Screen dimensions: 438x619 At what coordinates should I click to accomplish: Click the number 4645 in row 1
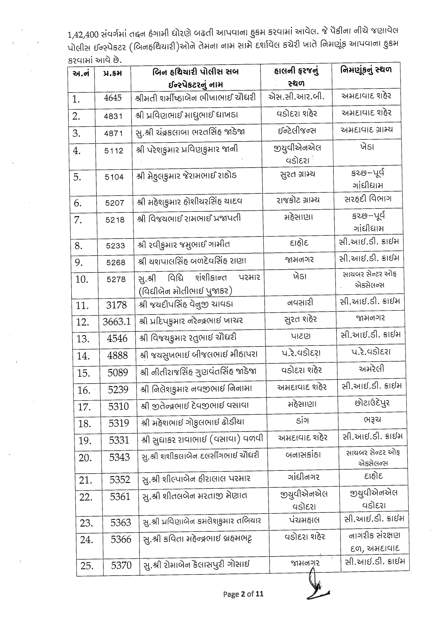pos(113,98)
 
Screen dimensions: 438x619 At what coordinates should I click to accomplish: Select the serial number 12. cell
pos(83,322)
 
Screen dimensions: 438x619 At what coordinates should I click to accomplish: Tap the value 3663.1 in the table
pos(117,321)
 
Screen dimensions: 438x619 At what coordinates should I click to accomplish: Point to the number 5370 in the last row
pos(121,566)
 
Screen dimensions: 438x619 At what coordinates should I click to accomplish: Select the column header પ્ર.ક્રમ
pos(113,73)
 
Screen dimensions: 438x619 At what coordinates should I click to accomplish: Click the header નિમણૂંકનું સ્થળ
pos(366,70)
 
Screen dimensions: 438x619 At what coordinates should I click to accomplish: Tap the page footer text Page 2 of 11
pos(243,594)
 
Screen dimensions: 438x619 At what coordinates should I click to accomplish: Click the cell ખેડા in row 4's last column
pos(367,146)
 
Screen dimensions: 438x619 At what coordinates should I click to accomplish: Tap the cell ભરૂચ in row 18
pos(372,420)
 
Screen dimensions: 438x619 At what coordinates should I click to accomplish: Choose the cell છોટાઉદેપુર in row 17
pos(372,403)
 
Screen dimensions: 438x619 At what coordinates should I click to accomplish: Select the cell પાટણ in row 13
pos(301,336)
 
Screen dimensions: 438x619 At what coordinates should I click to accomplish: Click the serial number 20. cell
pos(85,458)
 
